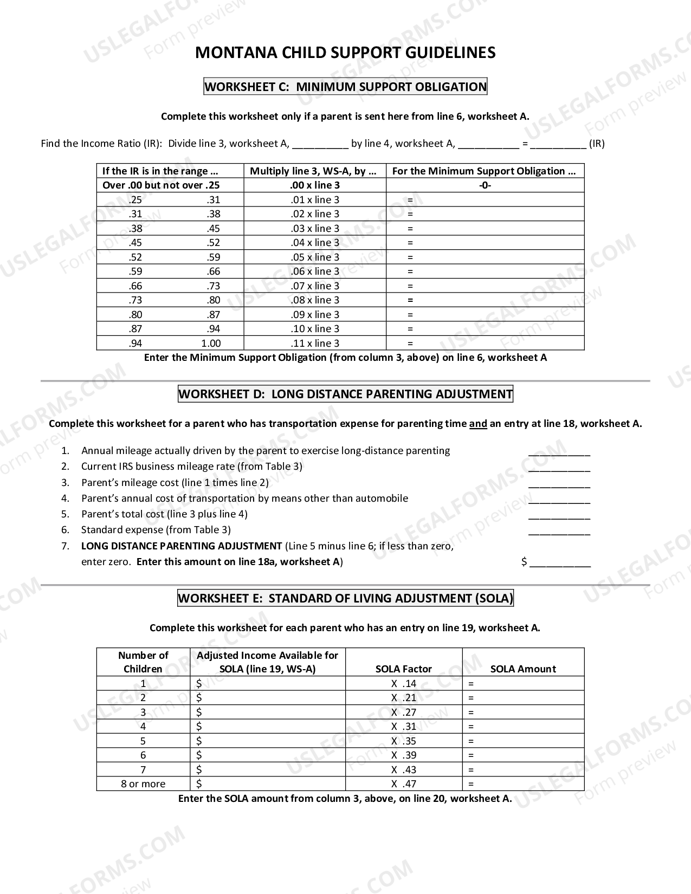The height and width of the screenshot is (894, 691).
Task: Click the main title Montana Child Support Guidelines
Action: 345,53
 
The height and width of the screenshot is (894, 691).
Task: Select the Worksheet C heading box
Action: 345,87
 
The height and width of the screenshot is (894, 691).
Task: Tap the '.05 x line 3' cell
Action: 315,257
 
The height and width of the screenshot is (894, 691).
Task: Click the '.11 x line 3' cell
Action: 315,344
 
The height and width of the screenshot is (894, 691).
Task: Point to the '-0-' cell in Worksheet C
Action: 485,185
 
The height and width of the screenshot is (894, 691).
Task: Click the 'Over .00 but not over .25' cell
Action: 161,185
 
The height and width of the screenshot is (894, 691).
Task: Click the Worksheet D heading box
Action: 345,394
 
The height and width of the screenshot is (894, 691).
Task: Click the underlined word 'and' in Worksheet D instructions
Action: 477,424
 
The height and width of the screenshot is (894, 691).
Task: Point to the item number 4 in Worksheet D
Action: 65,498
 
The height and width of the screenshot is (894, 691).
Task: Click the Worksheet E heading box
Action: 345,598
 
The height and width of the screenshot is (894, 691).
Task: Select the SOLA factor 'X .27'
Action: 404,712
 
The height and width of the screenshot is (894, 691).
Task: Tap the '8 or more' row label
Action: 143,784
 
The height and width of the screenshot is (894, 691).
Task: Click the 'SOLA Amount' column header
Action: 523,669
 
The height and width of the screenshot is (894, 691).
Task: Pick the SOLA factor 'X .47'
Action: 404,784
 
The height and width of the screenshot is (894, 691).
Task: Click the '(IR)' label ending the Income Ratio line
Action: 597,144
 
